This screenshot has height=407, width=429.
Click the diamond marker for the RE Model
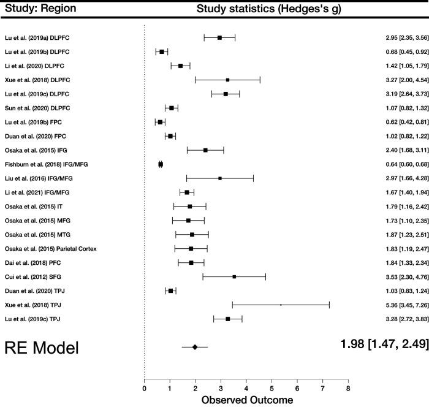click(x=195, y=347)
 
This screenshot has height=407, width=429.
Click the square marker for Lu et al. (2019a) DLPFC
click(x=219, y=37)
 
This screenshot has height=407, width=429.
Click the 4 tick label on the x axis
click(x=246, y=387)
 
